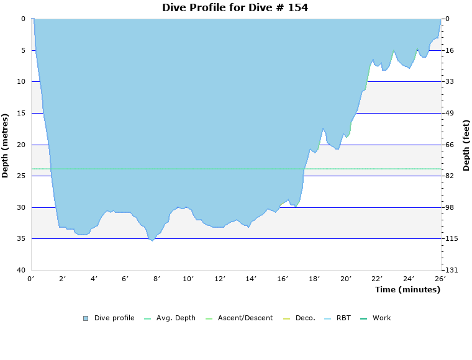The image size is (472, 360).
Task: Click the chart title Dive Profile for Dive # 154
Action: tap(235, 8)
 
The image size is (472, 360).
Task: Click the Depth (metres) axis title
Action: tap(6, 145)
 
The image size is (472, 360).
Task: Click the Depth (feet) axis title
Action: tap(466, 145)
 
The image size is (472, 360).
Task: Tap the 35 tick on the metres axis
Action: tap(21, 239)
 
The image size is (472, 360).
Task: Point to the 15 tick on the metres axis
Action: tap(21, 113)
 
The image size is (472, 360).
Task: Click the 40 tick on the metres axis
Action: tap(21, 271)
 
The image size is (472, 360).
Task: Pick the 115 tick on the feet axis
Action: tap(451, 239)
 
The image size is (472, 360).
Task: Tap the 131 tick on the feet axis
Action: tap(451, 271)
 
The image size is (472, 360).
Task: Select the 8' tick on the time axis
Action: tap(157, 279)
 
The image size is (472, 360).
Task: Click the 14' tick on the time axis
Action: tap(252, 279)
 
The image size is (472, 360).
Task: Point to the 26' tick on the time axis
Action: tap(440, 279)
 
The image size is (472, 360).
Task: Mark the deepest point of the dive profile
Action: tap(152, 241)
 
